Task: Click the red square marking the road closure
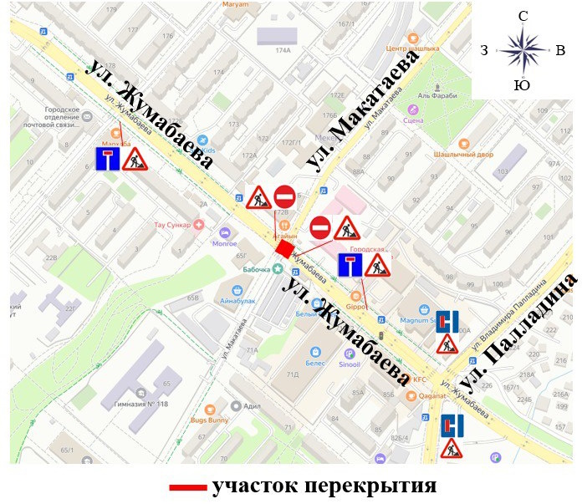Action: [284, 249]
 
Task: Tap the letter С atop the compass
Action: [522, 17]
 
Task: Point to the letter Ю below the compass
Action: [522, 85]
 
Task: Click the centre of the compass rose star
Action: [522, 50]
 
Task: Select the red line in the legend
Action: [187, 486]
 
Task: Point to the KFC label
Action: [420, 379]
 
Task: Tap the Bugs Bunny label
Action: [210, 420]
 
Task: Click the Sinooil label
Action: [349, 364]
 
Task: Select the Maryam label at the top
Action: [235, 4]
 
